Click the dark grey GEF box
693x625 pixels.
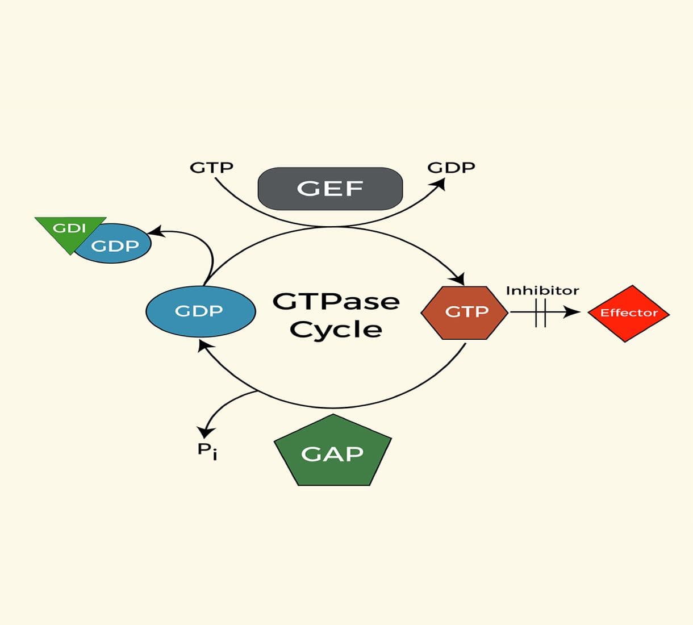click(330, 189)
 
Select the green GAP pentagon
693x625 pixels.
click(333, 453)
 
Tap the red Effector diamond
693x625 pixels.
click(628, 313)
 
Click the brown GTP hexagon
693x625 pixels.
click(465, 312)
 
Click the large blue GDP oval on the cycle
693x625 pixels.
click(200, 311)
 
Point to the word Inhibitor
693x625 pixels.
click(542, 291)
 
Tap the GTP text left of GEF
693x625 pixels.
click(211, 168)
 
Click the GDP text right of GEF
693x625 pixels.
click(451, 168)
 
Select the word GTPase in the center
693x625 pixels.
click(336, 301)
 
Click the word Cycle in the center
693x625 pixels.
click(336, 330)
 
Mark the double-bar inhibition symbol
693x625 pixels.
click(540, 312)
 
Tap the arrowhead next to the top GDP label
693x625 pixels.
click(439, 185)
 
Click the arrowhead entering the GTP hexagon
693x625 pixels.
click(458, 279)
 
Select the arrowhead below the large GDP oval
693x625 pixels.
click(205, 345)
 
